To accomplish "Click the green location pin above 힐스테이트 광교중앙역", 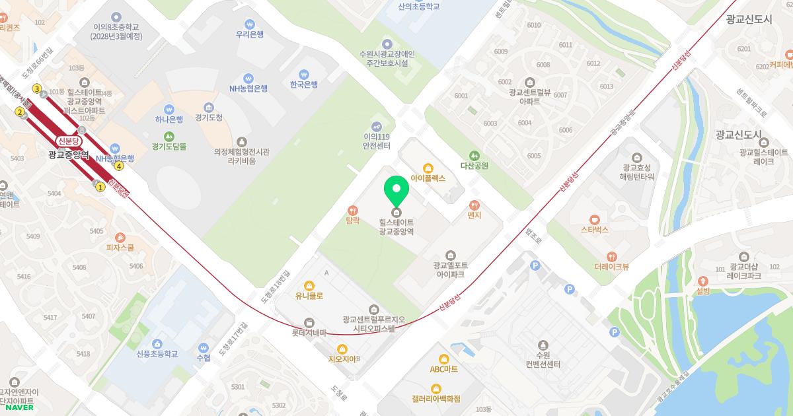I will [397, 190].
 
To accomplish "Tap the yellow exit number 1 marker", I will [100, 187].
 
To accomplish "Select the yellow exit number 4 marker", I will [119, 166].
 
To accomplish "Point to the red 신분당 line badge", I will [69, 141].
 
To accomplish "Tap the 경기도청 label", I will [209, 118].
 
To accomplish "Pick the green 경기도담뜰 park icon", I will [169, 135].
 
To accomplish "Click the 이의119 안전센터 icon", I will [377, 125].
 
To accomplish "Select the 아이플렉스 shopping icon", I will [428, 167].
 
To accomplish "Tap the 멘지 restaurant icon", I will [474, 205].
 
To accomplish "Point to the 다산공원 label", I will [474, 166].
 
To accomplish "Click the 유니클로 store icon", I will [309, 285].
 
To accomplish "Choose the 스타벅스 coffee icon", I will [594, 219].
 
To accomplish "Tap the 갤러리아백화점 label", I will [435, 399].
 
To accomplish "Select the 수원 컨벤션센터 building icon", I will [543, 345].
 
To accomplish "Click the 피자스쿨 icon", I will [120, 237].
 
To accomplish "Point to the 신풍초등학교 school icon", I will [157, 343].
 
